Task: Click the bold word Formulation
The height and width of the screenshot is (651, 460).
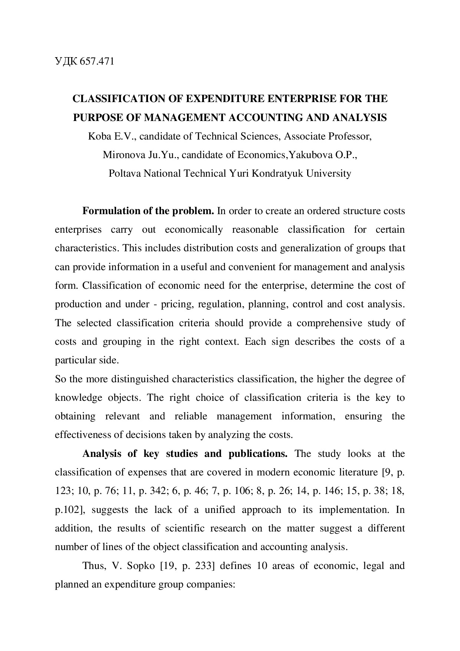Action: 111,211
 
